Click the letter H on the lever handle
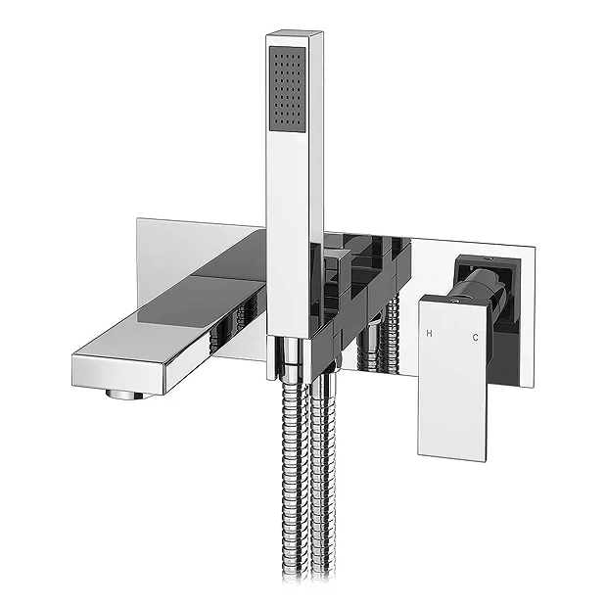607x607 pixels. pyautogui.click(x=429, y=335)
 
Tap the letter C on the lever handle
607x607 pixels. pyautogui.click(x=475, y=338)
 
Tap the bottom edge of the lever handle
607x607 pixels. pyautogui.click(x=452, y=456)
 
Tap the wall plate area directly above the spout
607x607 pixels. pyautogui.click(x=196, y=245)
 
